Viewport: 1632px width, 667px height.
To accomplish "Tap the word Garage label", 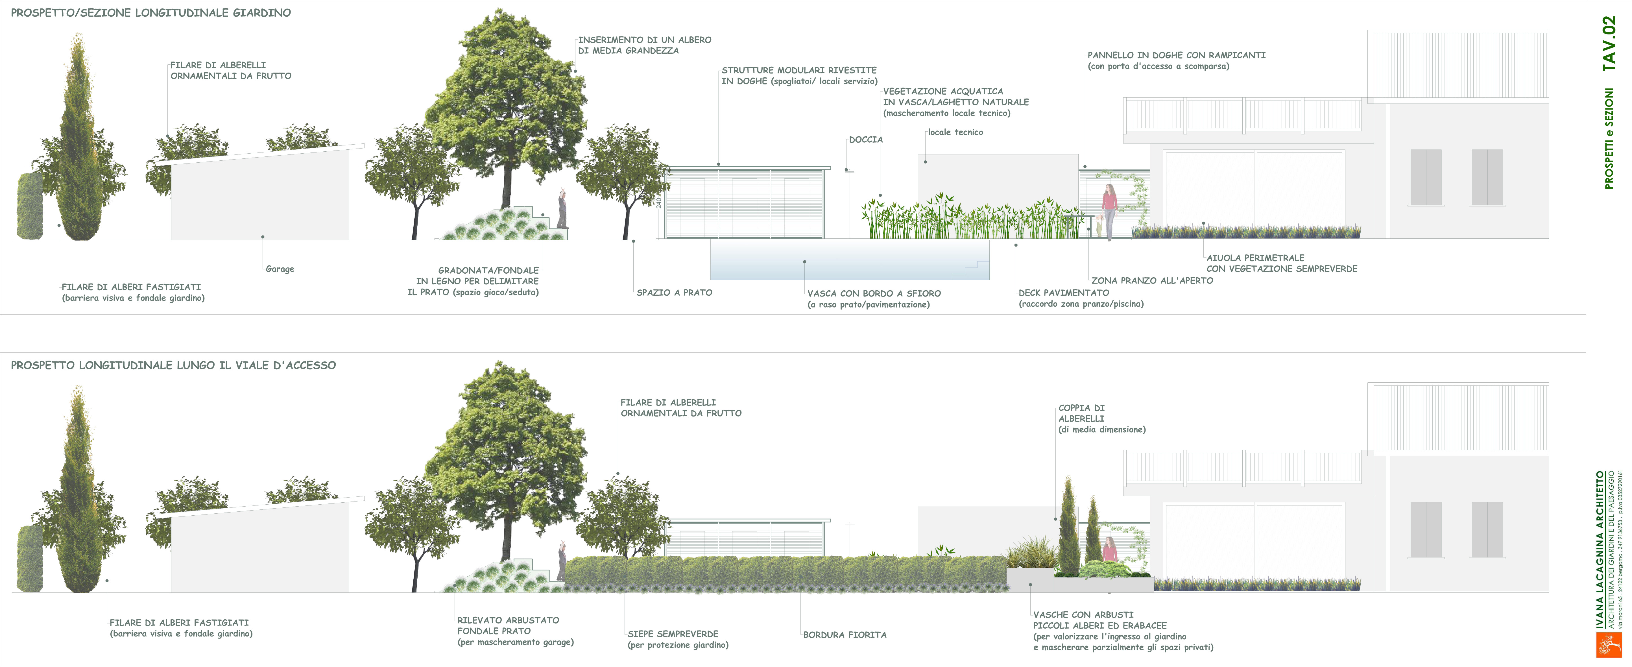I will tap(280, 269).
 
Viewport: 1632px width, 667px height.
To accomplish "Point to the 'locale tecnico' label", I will tap(955, 132).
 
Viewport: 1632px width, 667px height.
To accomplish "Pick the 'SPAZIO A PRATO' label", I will tap(674, 293).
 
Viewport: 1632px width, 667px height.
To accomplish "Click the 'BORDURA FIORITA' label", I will tap(845, 635).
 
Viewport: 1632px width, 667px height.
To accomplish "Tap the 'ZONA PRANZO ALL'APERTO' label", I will tap(1152, 281).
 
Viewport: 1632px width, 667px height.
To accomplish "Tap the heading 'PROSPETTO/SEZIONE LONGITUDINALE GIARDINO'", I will tap(151, 13).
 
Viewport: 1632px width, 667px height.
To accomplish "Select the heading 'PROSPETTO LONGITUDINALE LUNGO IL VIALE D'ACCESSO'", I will tap(173, 365).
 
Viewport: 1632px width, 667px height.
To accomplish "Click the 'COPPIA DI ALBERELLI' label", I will tap(1081, 413).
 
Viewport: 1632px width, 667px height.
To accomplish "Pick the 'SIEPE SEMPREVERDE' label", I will tap(673, 634).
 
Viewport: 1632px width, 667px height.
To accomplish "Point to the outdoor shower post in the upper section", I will tap(850, 203).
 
